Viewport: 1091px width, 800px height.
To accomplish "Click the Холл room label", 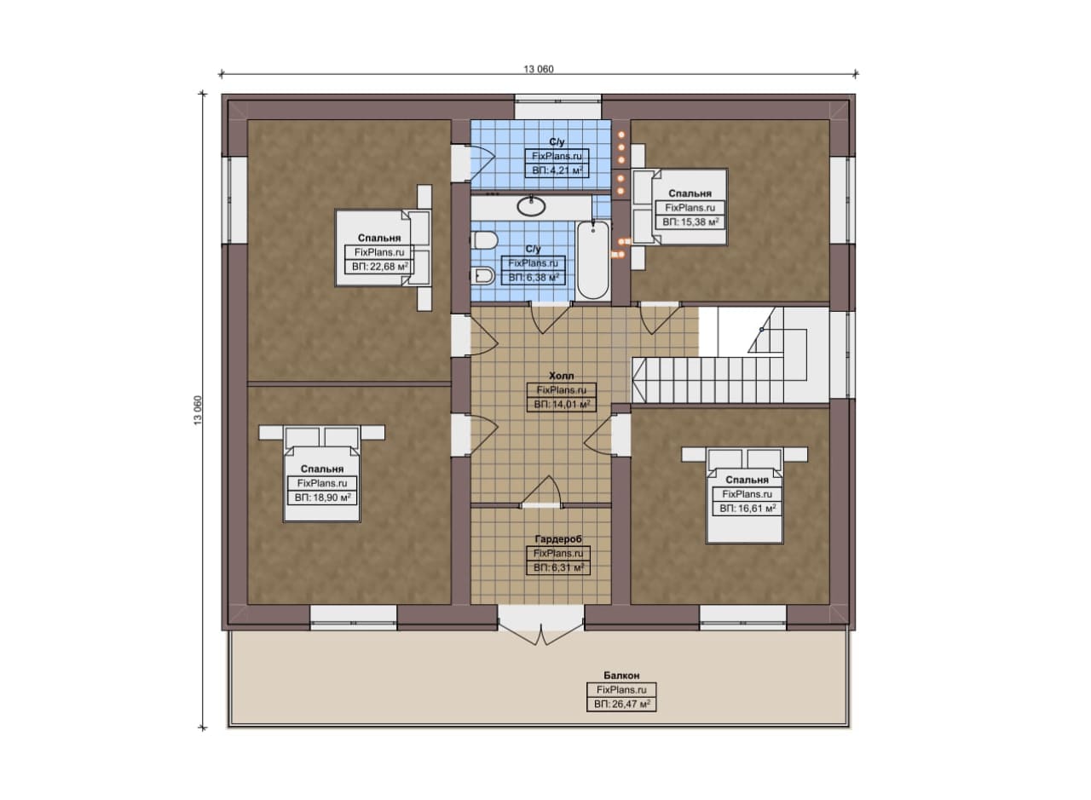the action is pos(561,376).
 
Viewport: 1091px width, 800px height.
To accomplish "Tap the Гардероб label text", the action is pos(558,539).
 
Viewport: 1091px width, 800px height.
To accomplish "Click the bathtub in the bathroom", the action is pos(592,260).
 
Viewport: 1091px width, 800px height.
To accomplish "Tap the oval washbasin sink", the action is pos(531,205).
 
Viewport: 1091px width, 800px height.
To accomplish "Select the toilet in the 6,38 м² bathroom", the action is pos(485,240).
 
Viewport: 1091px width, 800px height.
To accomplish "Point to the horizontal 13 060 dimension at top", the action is pos(538,74).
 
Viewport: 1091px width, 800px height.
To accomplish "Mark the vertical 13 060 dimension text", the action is pos(198,410).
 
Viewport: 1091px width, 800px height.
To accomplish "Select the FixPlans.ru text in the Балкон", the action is pos(621,689).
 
